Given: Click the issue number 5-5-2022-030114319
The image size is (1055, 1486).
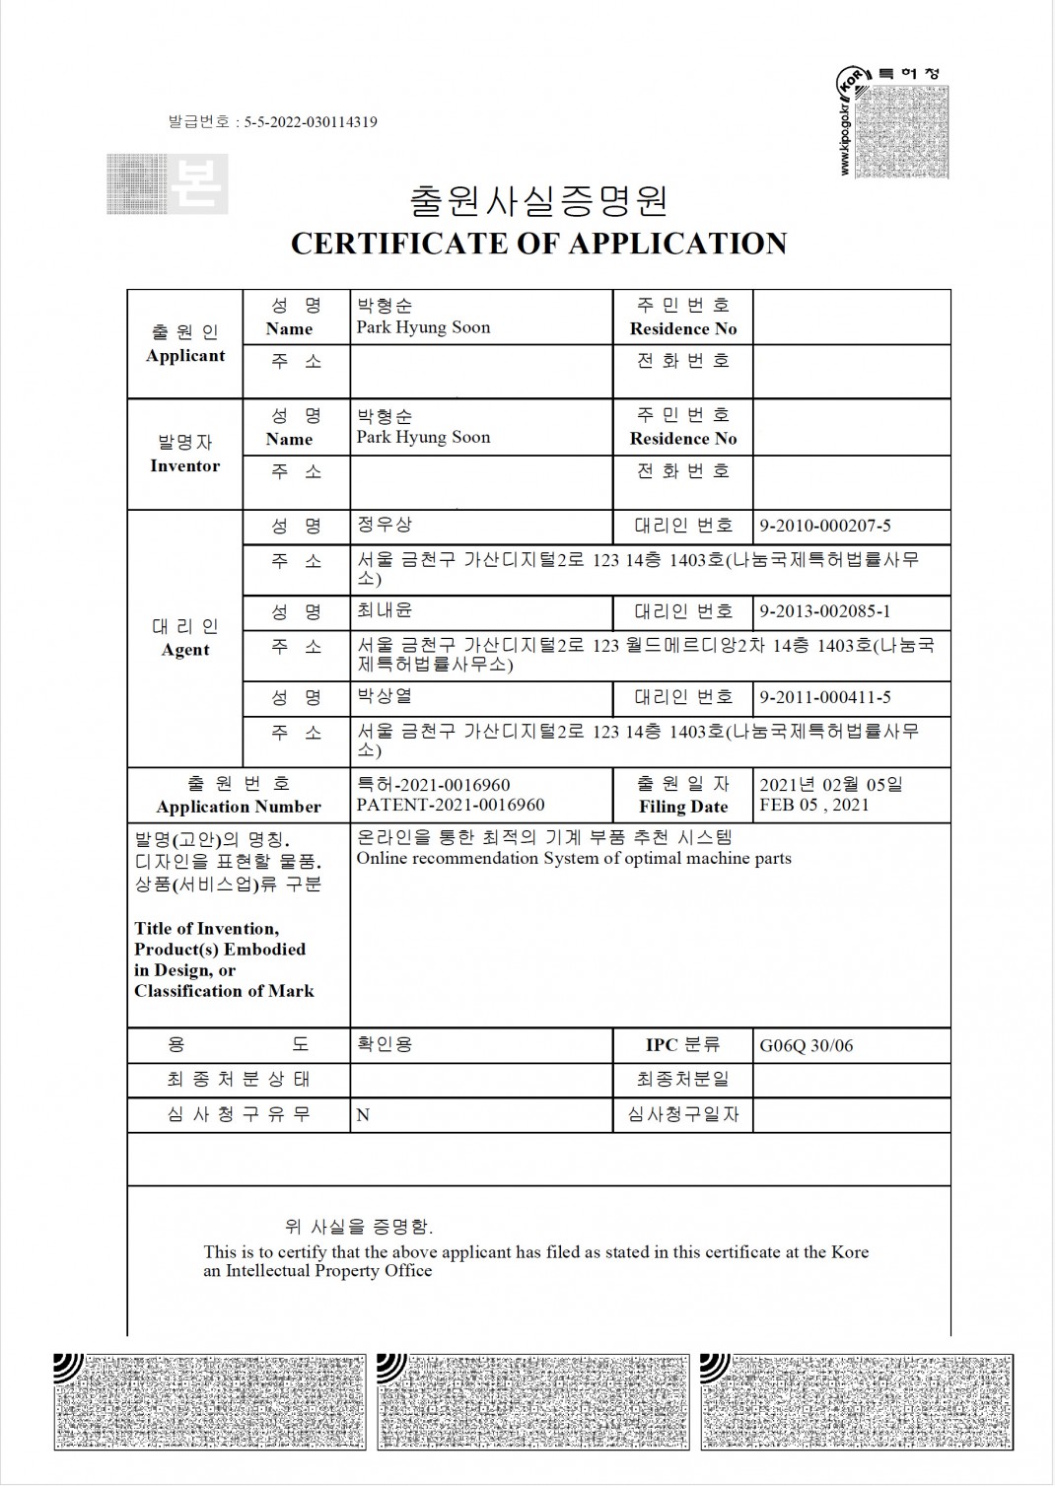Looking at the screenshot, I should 311,122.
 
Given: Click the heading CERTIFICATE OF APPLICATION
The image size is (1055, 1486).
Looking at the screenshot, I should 538,244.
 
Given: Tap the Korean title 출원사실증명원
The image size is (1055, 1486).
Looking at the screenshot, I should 538,200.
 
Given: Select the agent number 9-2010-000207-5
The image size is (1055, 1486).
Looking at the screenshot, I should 824,527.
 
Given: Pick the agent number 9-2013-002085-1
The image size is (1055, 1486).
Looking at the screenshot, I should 824,611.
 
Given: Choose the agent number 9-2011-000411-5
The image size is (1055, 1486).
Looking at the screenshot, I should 824,697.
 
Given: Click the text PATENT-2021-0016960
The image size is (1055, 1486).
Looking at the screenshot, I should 450,805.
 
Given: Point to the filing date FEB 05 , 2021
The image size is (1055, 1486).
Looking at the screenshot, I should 814,805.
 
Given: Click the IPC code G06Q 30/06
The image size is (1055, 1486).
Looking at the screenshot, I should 806,1046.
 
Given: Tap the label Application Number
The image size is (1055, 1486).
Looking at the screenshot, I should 239,807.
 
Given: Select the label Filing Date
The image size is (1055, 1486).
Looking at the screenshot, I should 682,807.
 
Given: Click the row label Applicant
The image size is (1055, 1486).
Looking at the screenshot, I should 185,356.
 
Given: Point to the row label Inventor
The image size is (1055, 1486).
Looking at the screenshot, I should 185,465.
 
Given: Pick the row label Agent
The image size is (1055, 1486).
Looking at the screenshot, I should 185,650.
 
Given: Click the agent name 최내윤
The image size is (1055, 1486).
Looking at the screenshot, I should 385,611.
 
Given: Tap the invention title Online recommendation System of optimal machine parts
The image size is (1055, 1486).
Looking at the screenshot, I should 574,858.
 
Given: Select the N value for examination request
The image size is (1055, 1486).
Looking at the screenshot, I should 363,1115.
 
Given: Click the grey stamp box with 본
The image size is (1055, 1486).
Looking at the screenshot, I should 168,184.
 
